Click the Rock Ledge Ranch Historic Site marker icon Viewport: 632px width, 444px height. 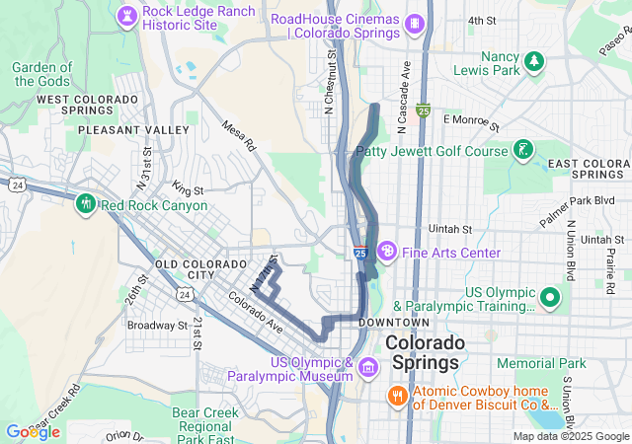127,14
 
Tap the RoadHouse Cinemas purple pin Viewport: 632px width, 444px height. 416,21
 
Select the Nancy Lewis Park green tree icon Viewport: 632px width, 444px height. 534,62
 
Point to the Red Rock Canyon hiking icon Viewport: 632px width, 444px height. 85,205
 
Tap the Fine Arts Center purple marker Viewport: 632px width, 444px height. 387,252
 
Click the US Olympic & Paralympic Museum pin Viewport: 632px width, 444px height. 368,368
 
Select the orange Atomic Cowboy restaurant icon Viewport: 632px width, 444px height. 397,396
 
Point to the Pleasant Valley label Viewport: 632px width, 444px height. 133,130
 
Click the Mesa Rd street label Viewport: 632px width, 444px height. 239,136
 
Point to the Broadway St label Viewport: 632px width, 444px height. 157,325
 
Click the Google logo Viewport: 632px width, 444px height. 33,432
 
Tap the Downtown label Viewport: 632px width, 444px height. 394,323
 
